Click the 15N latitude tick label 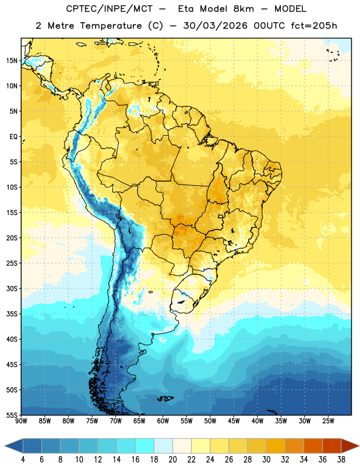click(x=12, y=61)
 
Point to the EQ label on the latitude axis click(x=13, y=137)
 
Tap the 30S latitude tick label click(x=12, y=288)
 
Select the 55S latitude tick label click(x=12, y=415)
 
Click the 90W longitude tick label click(x=21, y=421)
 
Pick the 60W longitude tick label click(x=163, y=421)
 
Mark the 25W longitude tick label click(x=328, y=421)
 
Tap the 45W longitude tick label click(x=234, y=421)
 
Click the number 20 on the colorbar click(x=172, y=460)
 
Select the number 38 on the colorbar click(x=341, y=460)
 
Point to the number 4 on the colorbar click(x=23, y=460)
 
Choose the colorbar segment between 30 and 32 click(x=276, y=446)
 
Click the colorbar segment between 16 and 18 click(x=144, y=446)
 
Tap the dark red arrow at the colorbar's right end click(x=350, y=446)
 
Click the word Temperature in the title click(x=111, y=26)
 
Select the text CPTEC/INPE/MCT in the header click(x=110, y=9)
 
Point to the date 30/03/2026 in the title click(x=215, y=26)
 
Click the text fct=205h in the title click(x=314, y=26)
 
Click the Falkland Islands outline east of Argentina click(x=165, y=398)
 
